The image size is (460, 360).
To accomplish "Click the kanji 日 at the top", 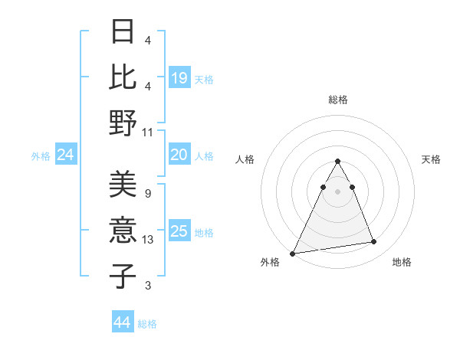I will (x=123, y=33).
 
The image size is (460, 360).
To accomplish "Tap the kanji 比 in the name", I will (x=123, y=77).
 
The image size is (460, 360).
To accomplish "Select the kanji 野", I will (x=123, y=123).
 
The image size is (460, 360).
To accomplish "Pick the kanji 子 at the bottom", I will (x=123, y=276).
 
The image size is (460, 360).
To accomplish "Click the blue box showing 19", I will (x=179, y=78).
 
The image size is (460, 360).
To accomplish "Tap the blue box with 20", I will (x=179, y=155).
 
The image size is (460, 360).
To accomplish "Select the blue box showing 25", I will (x=179, y=231).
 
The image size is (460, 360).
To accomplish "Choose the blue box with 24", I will (x=66, y=155).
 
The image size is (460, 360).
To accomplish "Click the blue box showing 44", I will (x=122, y=322).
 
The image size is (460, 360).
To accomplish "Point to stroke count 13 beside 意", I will (x=149, y=240).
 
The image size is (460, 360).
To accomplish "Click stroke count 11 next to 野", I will (x=149, y=132).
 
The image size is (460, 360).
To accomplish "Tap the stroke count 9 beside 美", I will (x=147, y=194).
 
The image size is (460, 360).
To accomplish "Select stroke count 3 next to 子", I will (x=147, y=286).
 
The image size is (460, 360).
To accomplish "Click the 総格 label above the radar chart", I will (x=337, y=100).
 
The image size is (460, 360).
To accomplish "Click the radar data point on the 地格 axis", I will (x=374, y=242).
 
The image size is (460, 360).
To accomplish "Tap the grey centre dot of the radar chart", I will (x=337, y=191).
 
